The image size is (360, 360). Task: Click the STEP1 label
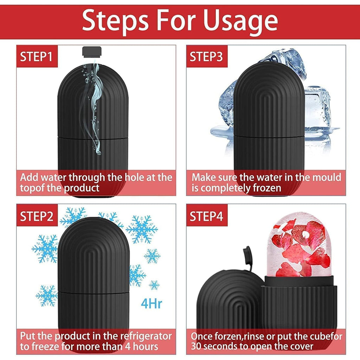[x=36, y=57]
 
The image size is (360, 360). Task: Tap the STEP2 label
[x=36, y=216]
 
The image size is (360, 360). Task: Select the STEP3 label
[x=206, y=57]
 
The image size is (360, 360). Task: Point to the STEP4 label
[x=206, y=216]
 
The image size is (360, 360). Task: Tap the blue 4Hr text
[x=152, y=303]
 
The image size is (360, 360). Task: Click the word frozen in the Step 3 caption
[x=267, y=188]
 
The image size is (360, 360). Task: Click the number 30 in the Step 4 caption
[x=198, y=346]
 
